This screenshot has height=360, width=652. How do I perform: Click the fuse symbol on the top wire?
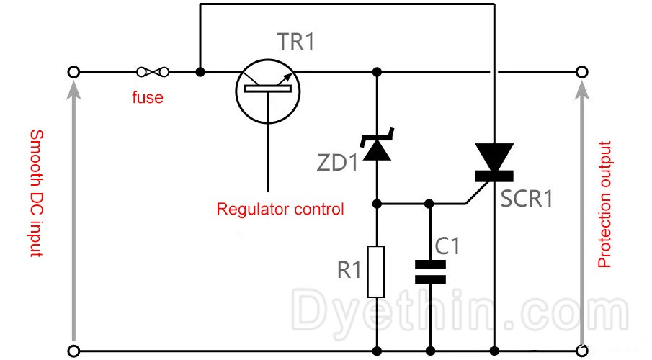[153, 72]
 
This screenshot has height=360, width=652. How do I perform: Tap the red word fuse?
[147, 97]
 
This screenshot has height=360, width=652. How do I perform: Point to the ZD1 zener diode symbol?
[376, 144]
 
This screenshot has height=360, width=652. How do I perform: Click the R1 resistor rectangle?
[376, 271]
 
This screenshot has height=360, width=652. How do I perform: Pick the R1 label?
[349, 271]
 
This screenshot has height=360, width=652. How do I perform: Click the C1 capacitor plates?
[430, 272]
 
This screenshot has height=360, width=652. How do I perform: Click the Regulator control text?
[280, 210]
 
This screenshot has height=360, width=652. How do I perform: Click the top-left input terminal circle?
[73, 72]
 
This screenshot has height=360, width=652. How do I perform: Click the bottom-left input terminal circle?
[73, 351]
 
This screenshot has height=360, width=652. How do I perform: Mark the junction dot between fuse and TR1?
[200, 72]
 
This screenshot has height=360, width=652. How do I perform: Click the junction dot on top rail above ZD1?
[376, 72]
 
